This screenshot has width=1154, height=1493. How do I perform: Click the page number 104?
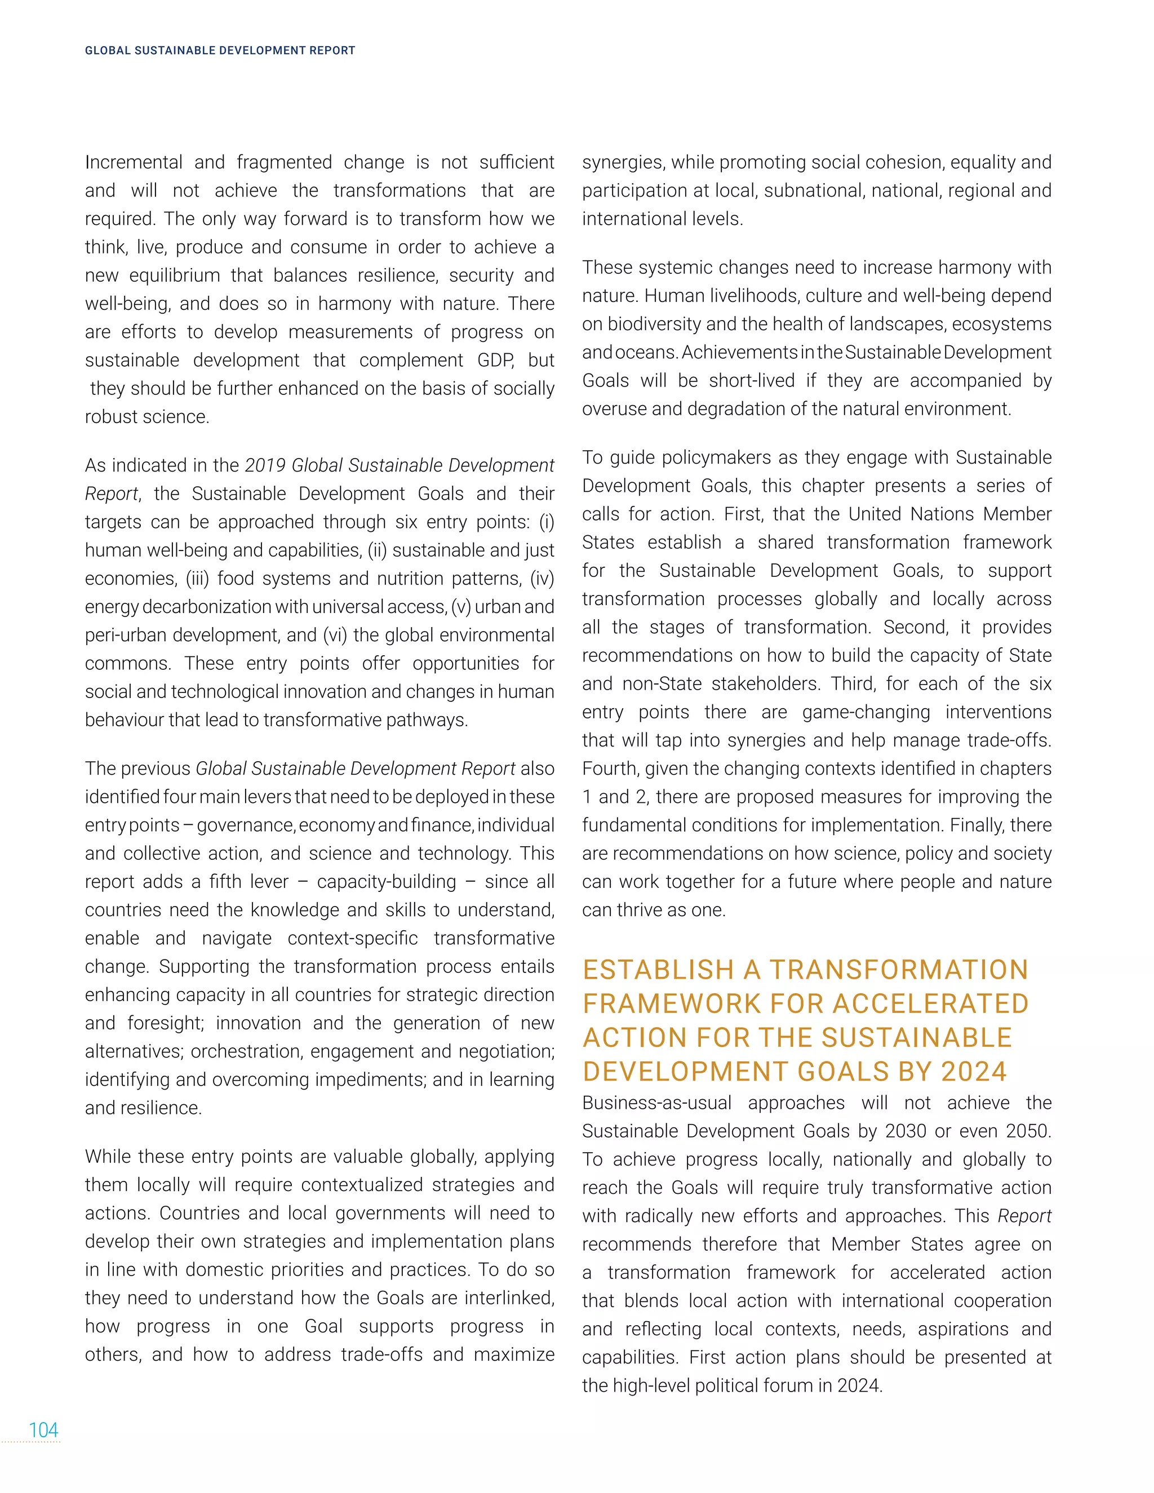tap(43, 1429)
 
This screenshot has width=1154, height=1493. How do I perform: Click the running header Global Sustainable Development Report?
tap(219, 51)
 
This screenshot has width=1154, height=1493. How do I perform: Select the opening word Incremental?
tap(134, 163)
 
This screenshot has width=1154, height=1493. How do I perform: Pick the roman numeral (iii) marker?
tap(198, 579)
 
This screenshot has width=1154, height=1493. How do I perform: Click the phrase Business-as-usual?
tap(656, 1103)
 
